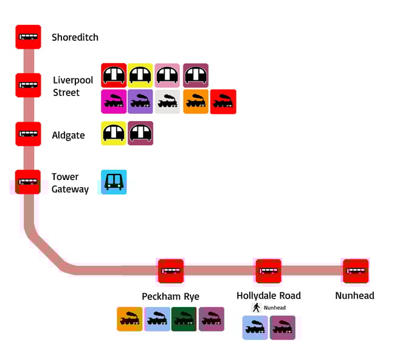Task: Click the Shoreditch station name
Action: coord(75,37)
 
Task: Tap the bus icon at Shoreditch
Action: coord(28,37)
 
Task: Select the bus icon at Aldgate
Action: coord(28,134)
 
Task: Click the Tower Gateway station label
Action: coord(70,182)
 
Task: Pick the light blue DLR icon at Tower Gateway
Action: coord(114,182)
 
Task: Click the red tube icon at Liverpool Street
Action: coord(114,75)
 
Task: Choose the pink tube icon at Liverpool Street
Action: coord(167,75)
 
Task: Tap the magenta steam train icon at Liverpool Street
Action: coord(114,102)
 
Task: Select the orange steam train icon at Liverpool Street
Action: coord(196,102)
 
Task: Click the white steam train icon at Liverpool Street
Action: coord(167,102)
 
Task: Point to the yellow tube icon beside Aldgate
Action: coord(114,133)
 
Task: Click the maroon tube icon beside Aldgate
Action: coord(140,133)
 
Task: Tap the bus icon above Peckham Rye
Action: coord(171,271)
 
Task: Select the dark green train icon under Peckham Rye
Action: coord(184,319)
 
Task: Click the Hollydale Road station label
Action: coord(268,296)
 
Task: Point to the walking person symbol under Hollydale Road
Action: coord(257,308)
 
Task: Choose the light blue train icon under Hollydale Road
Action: coord(255,328)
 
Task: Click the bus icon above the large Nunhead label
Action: coord(356,271)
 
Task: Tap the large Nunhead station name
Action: coord(355,296)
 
